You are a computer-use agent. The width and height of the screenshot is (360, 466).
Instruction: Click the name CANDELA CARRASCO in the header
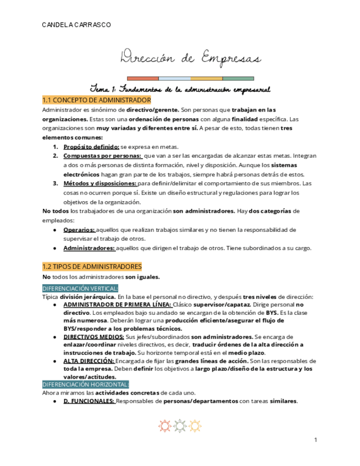pyautogui.click(x=76, y=25)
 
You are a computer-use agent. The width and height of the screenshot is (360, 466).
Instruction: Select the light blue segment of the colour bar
pyautogui.click(x=175, y=79)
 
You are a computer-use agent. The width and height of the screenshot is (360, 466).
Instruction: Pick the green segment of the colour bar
pyautogui.click(x=238, y=79)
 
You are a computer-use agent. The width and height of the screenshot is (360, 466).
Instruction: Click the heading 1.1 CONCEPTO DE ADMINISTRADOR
pyautogui.click(x=96, y=100)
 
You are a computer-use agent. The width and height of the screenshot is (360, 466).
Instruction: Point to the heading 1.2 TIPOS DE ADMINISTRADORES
pyautogui.click(x=92, y=267)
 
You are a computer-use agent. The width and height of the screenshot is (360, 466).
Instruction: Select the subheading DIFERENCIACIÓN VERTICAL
pyautogui.click(x=80, y=289)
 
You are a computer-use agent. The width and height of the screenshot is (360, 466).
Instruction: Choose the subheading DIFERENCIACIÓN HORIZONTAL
pyautogui.click(x=85, y=385)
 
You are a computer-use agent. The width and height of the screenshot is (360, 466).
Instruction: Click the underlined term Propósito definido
pyautogui.click(x=91, y=147)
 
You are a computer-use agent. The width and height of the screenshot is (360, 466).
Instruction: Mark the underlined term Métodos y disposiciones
pyautogui.click(x=99, y=183)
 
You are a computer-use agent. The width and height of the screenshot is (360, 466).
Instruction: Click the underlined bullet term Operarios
pyautogui.click(x=79, y=230)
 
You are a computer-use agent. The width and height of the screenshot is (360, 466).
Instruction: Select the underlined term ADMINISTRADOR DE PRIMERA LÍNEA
pyautogui.click(x=117, y=304)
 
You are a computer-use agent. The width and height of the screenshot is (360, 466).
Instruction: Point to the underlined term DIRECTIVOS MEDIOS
pyautogui.click(x=93, y=336)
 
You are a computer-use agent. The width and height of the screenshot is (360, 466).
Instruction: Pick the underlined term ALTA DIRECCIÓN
pyautogui.click(x=88, y=360)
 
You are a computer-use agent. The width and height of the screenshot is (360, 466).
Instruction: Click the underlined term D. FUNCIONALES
pyautogui.click(x=88, y=401)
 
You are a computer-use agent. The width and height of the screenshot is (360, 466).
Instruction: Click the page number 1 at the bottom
pyautogui.click(x=316, y=440)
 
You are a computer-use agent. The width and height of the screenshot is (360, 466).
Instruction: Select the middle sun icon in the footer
pyautogui.click(x=180, y=426)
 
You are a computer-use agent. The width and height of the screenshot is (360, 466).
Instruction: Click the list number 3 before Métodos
pyautogui.click(x=56, y=183)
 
